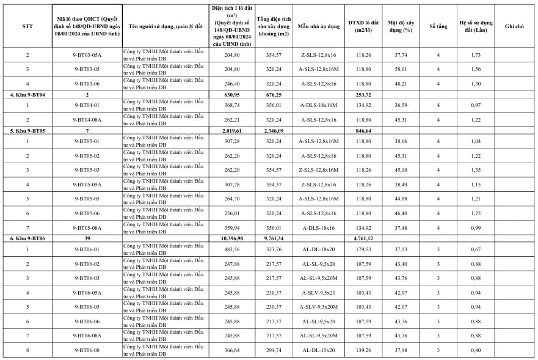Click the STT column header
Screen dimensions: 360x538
[x=27, y=26]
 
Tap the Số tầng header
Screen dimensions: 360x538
[x=438, y=26]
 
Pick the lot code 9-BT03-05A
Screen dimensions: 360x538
[x=87, y=55]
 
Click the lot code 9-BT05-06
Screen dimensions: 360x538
[x=87, y=213]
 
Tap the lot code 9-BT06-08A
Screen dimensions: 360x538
[x=87, y=336]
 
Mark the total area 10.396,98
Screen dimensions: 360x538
[x=229, y=238]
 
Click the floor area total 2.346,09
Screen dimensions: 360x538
[x=274, y=130]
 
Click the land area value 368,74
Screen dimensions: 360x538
[x=229, y=105]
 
